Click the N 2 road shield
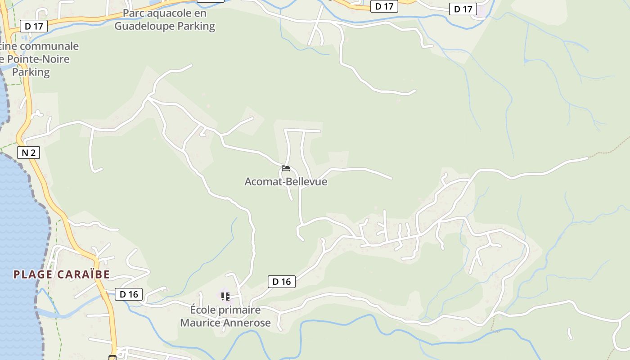(29, 153)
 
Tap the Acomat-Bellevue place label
(286, 182)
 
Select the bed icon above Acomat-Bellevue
(285, 169)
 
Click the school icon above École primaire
(225, 297)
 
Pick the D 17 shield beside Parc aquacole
(34, 26)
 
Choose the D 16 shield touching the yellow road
(129, 295)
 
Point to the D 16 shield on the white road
(282, 282)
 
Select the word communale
(50, 46)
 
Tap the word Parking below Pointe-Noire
(31, 72)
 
